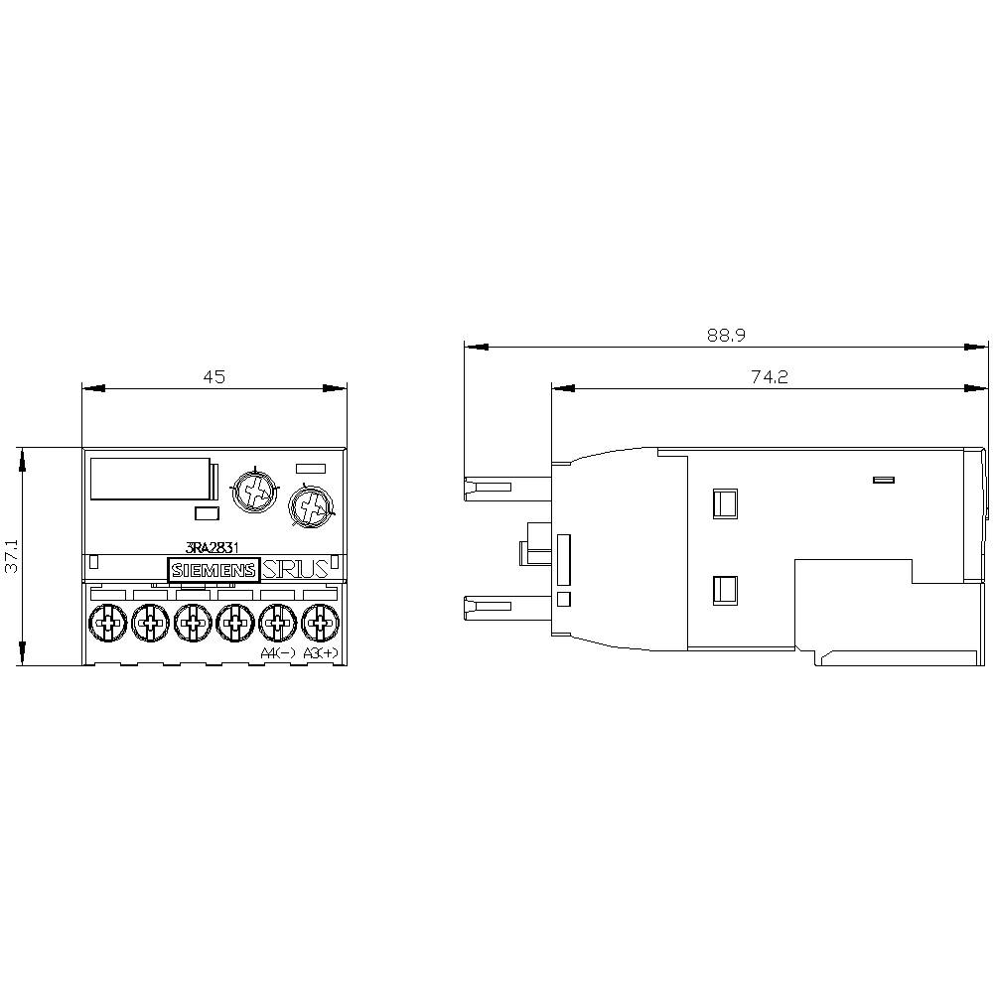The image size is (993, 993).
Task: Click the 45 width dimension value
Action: click(214, 376)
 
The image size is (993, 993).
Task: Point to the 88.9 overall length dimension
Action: click(726, 336)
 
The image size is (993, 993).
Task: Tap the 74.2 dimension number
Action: click(769, 376)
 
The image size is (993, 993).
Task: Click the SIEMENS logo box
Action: click(213, 570)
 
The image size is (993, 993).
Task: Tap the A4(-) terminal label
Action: click(277, 652)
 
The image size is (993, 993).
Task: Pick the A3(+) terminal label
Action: click(320, 652)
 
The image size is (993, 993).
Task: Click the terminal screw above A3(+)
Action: click(319, 624)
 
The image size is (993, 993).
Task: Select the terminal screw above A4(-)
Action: click(277, 624)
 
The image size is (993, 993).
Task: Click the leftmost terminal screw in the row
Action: click(106, 624)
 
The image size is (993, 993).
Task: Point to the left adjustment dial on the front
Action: click(253, 490)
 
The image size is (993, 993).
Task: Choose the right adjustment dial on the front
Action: click(310, 507)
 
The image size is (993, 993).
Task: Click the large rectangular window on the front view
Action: click(150, 479)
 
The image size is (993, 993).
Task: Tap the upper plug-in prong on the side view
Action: click(489, 488)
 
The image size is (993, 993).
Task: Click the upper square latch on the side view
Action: click(725, 503)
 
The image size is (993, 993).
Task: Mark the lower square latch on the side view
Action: click(725, 592)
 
